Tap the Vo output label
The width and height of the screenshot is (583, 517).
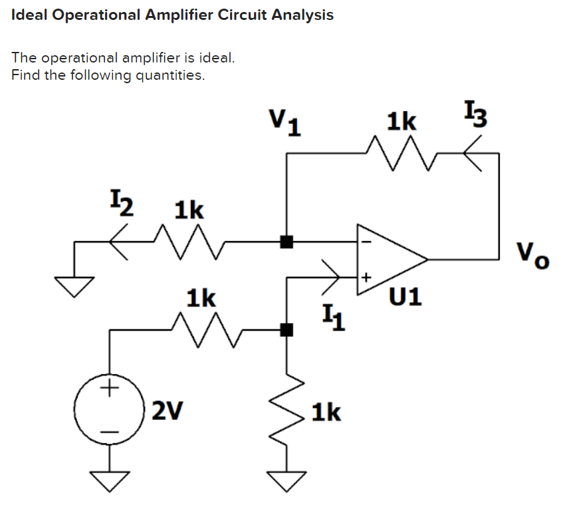click(x=533, y=253)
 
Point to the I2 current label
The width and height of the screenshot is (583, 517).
click(x=121, y=202)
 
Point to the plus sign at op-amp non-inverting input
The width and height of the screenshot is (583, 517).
click(x=364, y=274)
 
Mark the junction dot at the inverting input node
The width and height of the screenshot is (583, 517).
click(x=287, y=242)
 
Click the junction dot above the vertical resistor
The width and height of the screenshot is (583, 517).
click(x=287, y=329)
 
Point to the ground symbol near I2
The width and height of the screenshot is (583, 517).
click(x=74, y=285)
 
